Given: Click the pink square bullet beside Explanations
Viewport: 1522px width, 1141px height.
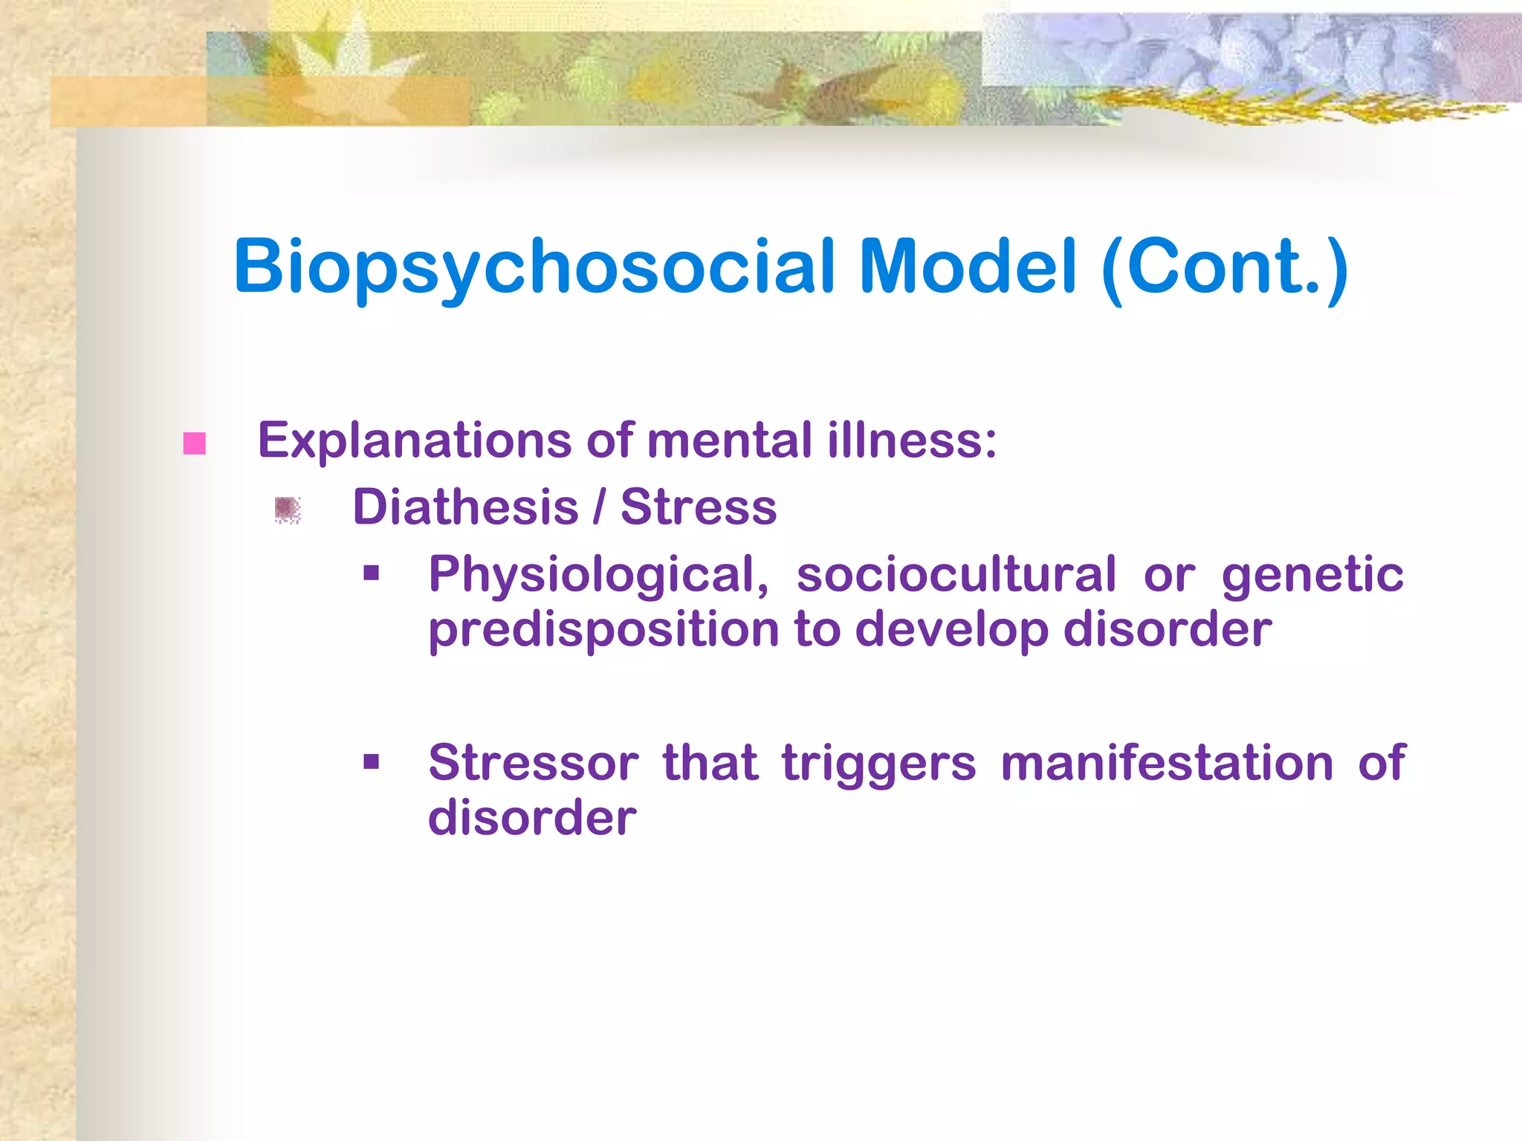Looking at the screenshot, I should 195,443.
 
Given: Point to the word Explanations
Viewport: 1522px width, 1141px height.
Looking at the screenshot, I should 415,441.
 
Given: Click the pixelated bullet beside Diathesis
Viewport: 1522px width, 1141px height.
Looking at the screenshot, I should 287,510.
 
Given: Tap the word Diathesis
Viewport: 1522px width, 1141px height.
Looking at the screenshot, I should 465,507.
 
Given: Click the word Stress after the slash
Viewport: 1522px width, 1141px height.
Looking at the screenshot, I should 699,507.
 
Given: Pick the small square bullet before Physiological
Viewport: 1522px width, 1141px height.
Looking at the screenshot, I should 372,573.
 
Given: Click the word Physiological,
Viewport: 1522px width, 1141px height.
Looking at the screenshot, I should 599,576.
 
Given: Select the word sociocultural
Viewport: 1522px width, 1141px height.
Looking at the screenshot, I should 956,574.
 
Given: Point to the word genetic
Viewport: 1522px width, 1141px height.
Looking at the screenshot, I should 1312,576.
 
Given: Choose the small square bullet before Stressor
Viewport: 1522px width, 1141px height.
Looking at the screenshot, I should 372,761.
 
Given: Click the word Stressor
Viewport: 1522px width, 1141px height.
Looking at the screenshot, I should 533,763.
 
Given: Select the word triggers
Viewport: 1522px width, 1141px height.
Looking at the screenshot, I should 878,764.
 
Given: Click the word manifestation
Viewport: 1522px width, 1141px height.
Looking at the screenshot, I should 1167,763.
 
